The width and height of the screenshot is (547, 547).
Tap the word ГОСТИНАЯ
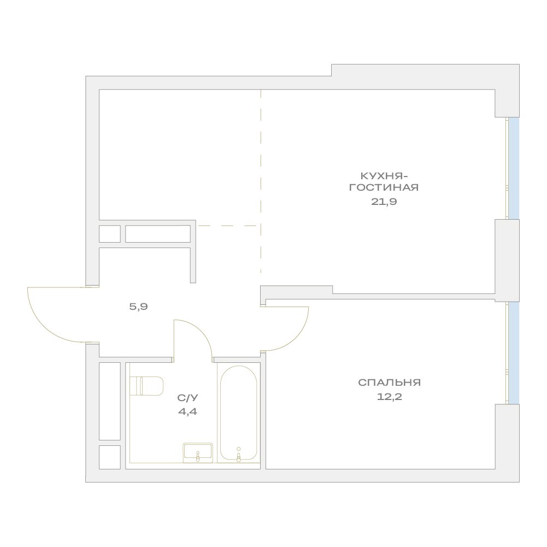coord(384,187)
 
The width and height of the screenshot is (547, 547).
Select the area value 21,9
coord(384,202)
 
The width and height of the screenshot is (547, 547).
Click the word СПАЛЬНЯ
coord(389,383)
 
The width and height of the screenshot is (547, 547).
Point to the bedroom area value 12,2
coord(389,397)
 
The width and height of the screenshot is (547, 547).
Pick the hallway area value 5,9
coord(138,307)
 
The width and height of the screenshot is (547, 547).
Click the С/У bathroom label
coord(187,398)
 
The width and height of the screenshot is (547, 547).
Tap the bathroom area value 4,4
coord(187,411)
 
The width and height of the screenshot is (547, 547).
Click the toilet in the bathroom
coord(146,386)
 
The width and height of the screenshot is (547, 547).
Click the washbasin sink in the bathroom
coord(198,452)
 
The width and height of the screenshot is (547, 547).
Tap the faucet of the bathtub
coord(239,455)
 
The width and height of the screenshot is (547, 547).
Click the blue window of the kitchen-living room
coord(514,168)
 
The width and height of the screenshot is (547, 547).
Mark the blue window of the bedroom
coord(514,352)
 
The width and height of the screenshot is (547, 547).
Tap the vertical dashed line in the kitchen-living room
coord(261,181)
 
